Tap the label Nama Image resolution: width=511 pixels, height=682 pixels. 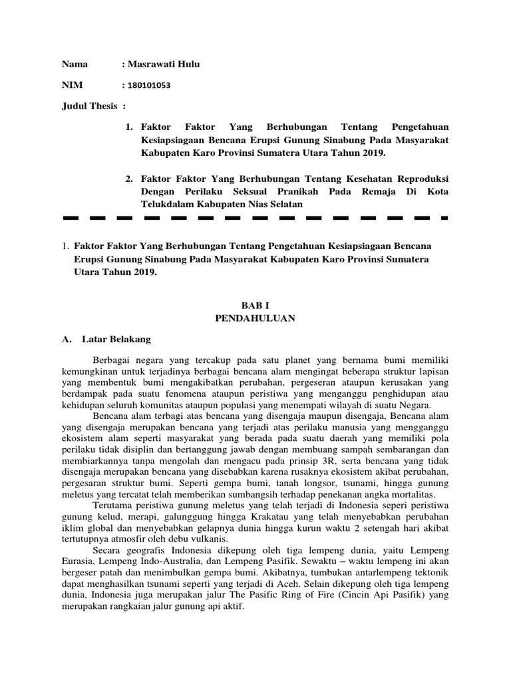75,64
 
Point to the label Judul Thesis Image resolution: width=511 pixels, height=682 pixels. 90,107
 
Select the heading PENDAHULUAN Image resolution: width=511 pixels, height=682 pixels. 255,318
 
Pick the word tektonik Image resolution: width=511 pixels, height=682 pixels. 432,577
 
